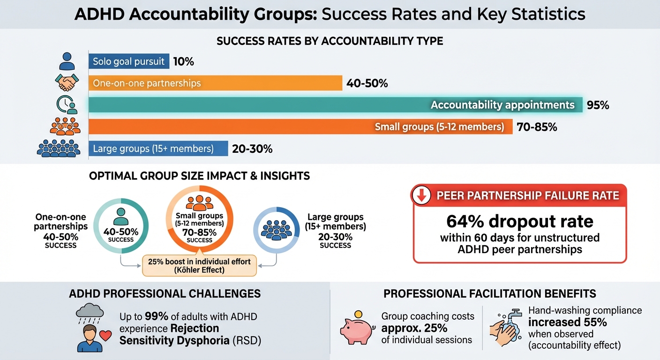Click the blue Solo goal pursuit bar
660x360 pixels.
pos(128,61)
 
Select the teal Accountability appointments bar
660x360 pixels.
pos(335,105)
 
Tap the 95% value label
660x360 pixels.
pos(598,105)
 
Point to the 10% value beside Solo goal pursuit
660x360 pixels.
pos(183,61)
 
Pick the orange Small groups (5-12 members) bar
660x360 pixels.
pos(300,127)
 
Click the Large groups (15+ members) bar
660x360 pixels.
pos(157,149)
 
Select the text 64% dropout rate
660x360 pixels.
pos(520,221)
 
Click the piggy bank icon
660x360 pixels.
pos(357,328)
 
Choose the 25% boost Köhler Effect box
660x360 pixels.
pos(199,265)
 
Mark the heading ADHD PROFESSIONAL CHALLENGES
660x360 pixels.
pos(165,294)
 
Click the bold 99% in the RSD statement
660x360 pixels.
pos(155,317)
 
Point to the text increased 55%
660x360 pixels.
pos(567,322)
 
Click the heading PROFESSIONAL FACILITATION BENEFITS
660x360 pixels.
pos(490,294)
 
